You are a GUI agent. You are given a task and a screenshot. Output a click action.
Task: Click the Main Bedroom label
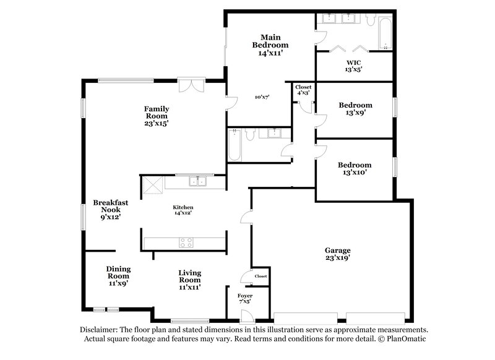270,45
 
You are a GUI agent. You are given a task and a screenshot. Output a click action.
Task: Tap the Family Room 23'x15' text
157,116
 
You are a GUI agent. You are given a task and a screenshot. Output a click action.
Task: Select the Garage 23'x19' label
337,254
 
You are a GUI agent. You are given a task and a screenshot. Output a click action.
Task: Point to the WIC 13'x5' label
353,66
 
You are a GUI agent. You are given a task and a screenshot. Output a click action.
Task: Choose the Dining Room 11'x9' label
118,276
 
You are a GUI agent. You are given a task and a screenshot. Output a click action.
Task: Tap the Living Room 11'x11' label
189,280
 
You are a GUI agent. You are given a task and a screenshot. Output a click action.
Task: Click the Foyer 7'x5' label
245,299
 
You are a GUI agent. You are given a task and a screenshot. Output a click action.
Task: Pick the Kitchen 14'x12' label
183,210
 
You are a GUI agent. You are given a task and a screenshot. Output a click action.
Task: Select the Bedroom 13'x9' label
355,109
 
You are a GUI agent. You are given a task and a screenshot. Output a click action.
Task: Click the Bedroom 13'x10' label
354,169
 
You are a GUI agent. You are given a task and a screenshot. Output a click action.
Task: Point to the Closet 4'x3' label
303,90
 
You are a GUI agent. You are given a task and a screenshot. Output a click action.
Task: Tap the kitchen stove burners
186,242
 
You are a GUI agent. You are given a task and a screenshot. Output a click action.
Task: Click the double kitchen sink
199,181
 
